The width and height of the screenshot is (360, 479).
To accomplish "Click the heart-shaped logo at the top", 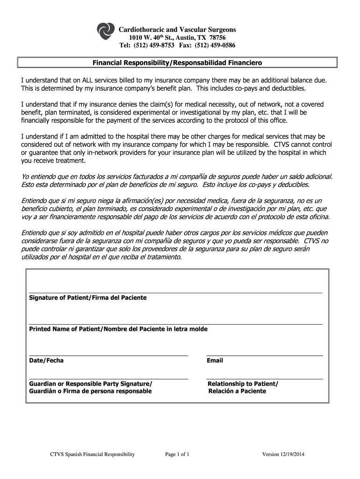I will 105,32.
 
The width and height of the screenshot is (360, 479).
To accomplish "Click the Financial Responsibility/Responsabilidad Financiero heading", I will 177,62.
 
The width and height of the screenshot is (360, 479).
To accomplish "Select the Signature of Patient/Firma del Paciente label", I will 88,298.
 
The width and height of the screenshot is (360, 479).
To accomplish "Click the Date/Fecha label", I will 46,361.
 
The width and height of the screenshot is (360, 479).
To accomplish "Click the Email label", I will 215,361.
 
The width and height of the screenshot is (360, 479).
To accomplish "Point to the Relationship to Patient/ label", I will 243,384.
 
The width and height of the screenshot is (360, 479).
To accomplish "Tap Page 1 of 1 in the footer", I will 177,454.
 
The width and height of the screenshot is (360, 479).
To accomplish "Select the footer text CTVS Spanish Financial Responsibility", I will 93,454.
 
